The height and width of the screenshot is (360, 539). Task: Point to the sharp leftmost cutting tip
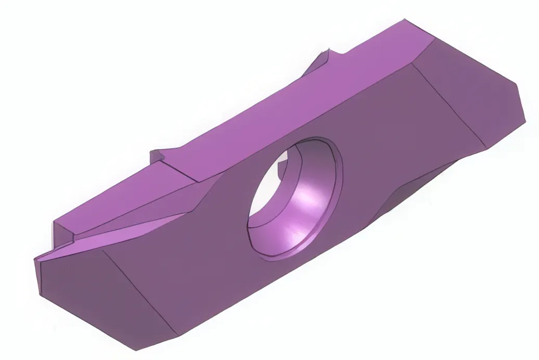click(35, 259)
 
